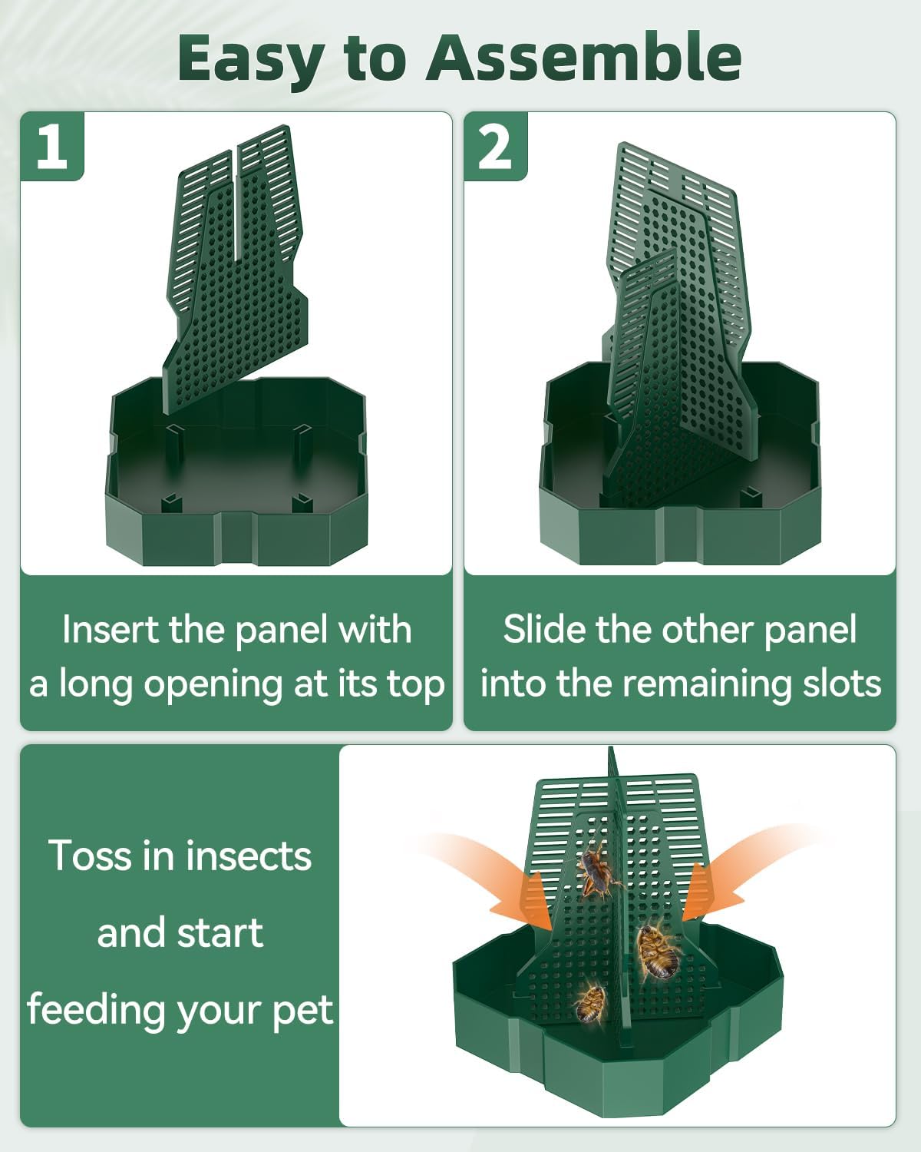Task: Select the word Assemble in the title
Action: point(583,58)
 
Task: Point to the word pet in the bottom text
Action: point(304,1011)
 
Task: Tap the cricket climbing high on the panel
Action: point(597,872)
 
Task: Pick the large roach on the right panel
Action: point(657,952)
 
